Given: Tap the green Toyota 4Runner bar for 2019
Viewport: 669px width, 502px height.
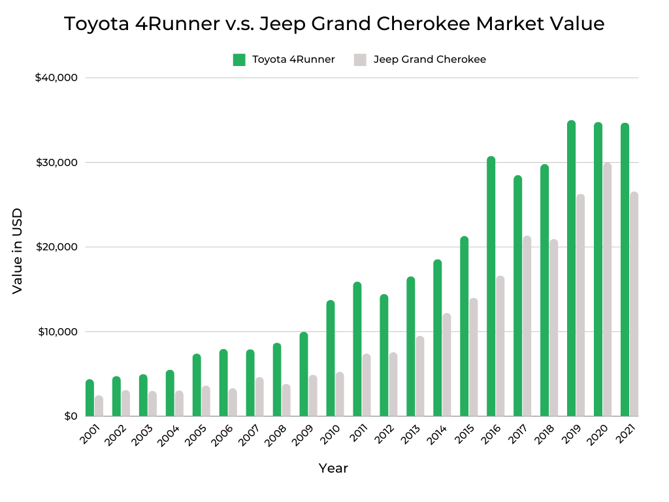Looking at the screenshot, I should point(571,268).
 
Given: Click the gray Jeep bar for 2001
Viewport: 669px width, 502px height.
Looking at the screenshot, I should point(99,406).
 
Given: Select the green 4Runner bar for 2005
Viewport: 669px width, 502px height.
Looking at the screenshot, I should point(197,385).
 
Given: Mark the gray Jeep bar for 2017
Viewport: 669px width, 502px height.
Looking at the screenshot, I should point(527,326).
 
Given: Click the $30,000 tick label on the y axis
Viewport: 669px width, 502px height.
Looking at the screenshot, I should point(57,162).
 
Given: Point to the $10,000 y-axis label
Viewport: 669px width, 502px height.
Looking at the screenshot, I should point(57,331).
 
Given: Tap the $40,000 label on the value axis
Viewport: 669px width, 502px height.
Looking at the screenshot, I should point(57,78).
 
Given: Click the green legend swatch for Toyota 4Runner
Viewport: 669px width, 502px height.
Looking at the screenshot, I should point(239,59).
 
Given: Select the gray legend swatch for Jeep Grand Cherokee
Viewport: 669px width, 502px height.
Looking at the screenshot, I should point(360,59).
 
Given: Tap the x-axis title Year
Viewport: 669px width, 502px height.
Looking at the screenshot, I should point(333,468).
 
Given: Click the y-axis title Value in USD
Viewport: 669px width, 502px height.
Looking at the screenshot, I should point(18,251).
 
